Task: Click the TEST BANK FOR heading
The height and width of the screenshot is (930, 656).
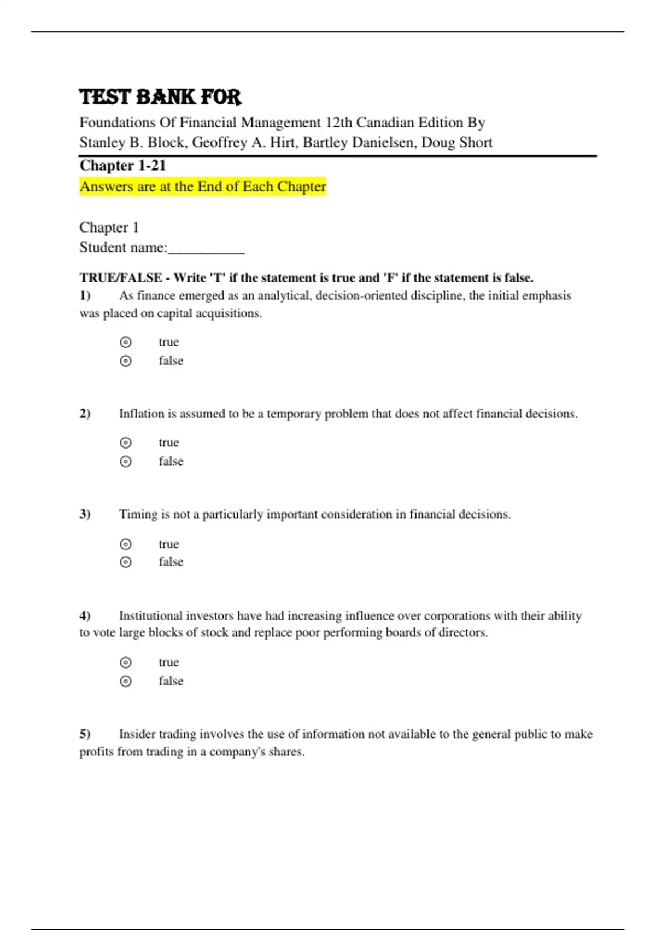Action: pos(160,97)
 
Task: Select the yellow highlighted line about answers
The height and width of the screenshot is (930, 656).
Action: pos(203,187)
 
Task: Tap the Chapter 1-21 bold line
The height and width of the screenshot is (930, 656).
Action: pos(122,165)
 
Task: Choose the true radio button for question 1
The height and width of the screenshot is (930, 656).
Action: pos(126,342)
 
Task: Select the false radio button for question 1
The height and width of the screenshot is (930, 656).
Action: pos(126,361)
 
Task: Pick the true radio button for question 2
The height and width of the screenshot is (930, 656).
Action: pos(126,443)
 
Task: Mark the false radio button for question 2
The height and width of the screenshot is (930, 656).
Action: pos(126,462)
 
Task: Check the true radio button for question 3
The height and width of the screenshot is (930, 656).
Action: pos(126,544)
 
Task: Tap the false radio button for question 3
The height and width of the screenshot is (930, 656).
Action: pos(126,562)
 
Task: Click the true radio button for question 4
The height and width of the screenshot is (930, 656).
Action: pos(126,662)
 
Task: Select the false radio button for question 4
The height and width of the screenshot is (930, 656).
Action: pos(126,681)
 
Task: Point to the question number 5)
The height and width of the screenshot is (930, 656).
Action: pos(85,734)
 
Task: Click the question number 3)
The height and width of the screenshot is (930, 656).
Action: pos(85,514)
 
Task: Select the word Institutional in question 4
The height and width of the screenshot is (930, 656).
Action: pos(151,615)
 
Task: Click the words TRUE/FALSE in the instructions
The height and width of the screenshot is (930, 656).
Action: pos(121,278)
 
